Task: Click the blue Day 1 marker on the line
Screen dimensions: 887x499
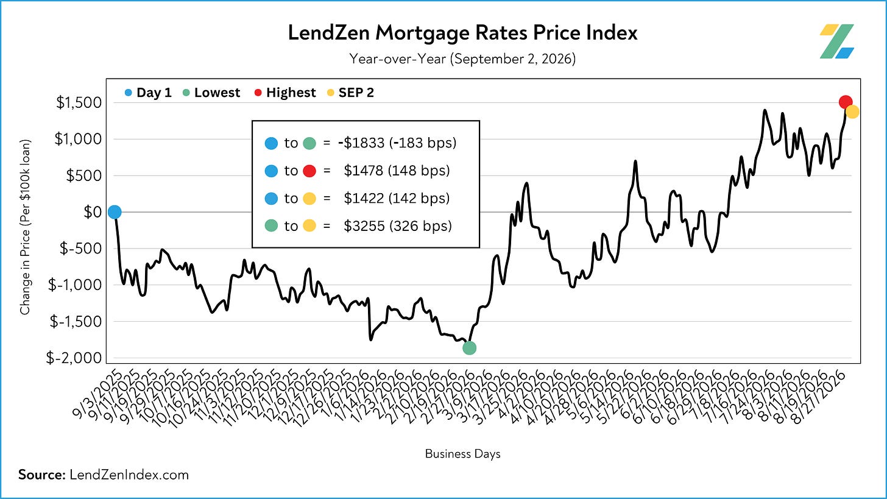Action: (x=115, y=212)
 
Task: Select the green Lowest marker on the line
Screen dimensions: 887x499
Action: (x=469, y=348)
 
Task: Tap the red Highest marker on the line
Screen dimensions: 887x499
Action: (x=846, y=102)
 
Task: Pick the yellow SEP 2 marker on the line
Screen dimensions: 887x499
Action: (x=852, y=112)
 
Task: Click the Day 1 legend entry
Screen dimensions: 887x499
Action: (x=148, y=93)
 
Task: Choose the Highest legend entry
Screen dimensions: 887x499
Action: (x=285, y=93)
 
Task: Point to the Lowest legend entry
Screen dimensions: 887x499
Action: (x=211, y=93)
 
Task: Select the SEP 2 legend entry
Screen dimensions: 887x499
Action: (x=350, y=93)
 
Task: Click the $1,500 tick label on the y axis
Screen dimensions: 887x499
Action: (x=79, y=102)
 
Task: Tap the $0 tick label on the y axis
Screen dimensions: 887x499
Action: (x=93, y=212)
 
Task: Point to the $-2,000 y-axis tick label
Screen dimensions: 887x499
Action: (x=74, y=358)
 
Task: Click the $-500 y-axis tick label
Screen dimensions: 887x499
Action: (x=81, y=249)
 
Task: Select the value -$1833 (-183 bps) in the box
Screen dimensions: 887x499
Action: (x=397, y=143)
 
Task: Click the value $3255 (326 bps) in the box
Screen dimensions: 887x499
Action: (x=398, y=225)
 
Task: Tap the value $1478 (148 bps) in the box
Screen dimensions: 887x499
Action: (x=397, y=171)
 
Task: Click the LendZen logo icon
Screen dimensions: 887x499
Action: (x=836, y=41)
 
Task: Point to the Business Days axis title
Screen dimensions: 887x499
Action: (x=462, y=454)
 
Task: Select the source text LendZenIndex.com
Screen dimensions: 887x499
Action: (x=129, y=475)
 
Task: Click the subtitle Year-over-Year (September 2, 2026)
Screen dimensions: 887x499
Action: (x=462, y=58)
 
